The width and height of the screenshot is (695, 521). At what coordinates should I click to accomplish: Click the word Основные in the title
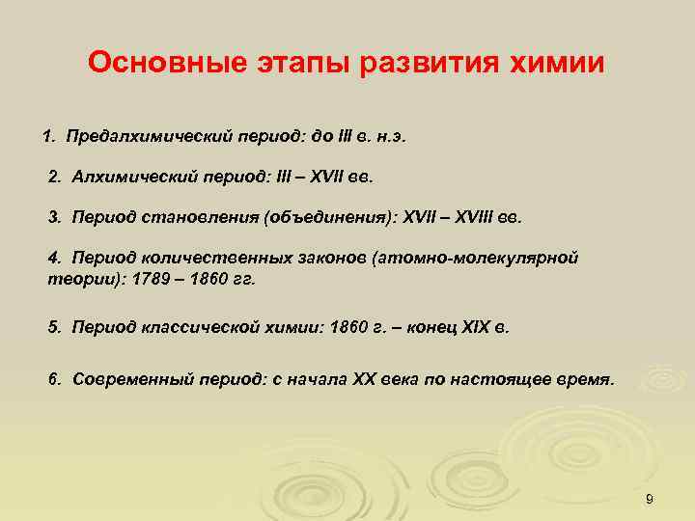point(155,64)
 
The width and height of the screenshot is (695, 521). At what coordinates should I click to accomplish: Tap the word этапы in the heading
point(292,64)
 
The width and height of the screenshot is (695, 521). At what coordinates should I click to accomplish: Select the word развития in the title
point(429,64)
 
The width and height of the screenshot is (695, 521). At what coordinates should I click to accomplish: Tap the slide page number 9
point(650,498)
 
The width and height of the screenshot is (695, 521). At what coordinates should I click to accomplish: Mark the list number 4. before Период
point(54,259)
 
